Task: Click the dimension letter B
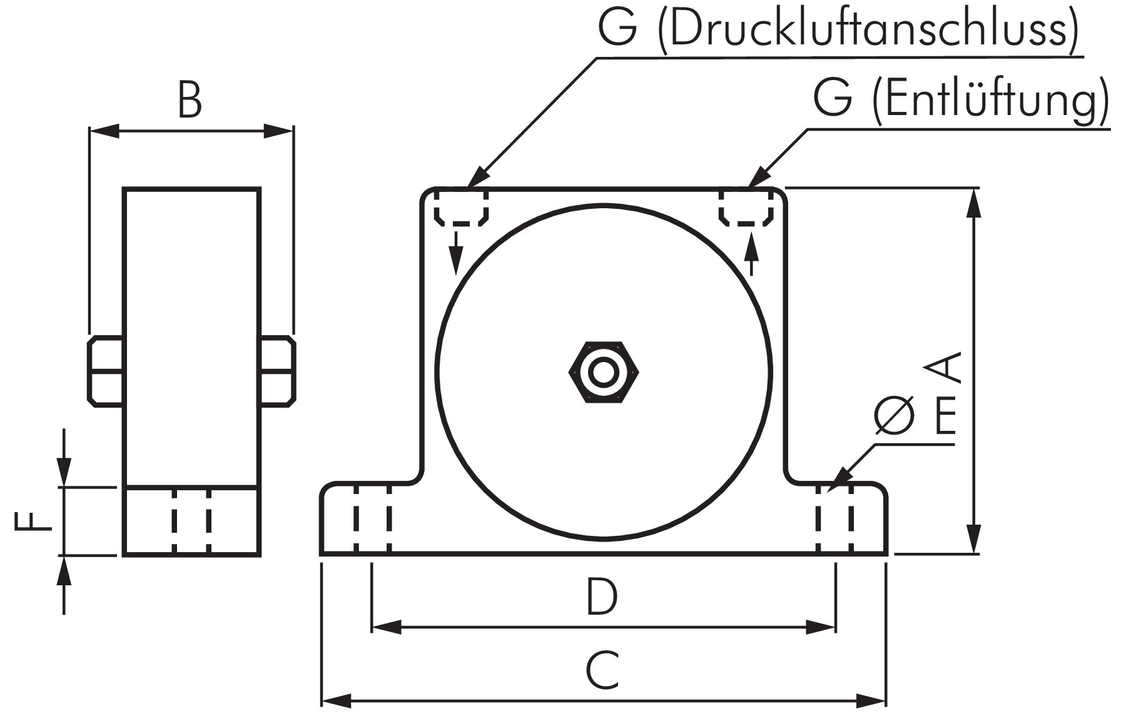coord(190,101)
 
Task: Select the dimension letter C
coord(603,670)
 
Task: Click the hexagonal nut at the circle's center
coord(604,373)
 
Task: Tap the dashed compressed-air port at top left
coord(462,208)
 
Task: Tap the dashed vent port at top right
coord(746,208)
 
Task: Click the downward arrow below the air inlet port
coord(457,253)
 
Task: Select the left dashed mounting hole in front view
coord(372,518)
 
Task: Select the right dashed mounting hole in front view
coord(834,518)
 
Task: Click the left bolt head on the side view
coord(105,371)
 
